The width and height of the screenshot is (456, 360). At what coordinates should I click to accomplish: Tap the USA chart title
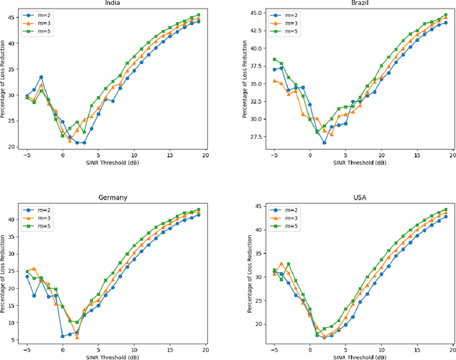pos(361,197)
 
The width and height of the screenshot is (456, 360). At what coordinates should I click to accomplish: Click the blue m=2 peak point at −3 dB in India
pos(41,77)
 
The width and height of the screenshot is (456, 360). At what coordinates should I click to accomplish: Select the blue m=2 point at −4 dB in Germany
pos(34,295)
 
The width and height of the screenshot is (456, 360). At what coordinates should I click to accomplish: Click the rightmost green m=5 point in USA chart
pos(445,210)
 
